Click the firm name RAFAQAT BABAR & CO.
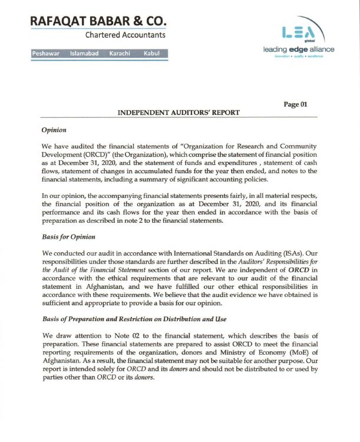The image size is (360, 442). [x=98, y=20]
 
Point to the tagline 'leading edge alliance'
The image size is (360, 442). [x=299, y=50]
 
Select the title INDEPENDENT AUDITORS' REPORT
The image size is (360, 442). [x=179, y=112]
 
